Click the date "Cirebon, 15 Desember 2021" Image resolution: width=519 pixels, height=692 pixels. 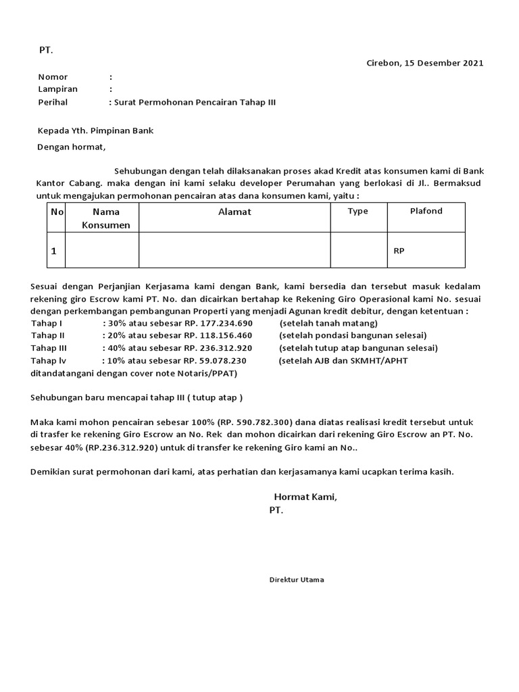click(x=424, y=64)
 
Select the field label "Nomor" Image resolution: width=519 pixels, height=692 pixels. click(x=53, y=77)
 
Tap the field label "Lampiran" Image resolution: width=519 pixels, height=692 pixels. click(x=57, y=89)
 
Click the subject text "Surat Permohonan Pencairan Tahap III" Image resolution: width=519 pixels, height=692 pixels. click(x=195, y=102)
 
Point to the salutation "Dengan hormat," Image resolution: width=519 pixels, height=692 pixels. click(x=71, y=146)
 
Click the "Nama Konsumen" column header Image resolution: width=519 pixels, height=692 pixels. click(x=105, y=218)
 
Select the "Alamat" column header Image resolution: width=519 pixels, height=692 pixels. click(x=234, y=212)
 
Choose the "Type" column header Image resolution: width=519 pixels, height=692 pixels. click(x=357, y=212)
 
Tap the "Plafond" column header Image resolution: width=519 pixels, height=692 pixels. click(x=426, y=212)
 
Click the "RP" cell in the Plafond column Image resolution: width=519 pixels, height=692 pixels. click(x=399, y=251)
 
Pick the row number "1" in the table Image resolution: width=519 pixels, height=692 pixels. click(x=53, y=251)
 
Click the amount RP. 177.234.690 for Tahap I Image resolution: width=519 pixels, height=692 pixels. click(x=218, y=324)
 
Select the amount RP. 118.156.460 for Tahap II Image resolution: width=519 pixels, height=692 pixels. click(x=218, y=336)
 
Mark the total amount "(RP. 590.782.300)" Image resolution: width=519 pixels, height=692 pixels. click(x=254, y=422)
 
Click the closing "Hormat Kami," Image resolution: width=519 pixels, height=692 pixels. click(x=305, y=497)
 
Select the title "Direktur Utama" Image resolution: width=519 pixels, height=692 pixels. click(x=296, y=580)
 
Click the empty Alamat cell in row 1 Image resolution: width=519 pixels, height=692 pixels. click(x=234, y=250)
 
